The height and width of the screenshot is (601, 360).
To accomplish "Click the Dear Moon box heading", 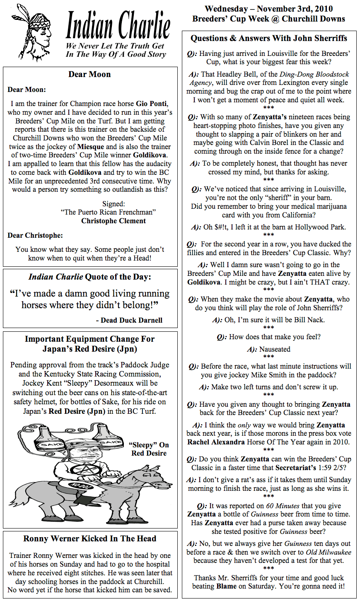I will click(x=89, y=75).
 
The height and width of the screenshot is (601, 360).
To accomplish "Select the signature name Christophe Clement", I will click(x=114, y=221).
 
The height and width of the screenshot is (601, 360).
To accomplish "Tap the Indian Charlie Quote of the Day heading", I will click(x=90, y=277).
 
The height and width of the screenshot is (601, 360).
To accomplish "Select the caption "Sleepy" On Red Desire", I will click(x=149, y=449).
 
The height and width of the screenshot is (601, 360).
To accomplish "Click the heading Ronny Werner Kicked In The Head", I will click(x=90, y=538).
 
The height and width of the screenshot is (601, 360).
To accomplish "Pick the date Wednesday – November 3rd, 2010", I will click(x=268, y=9).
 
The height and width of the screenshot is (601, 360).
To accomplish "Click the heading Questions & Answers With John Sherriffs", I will click(x=269, y=38).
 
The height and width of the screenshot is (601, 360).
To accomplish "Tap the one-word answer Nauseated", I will click(x=275, y=349).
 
